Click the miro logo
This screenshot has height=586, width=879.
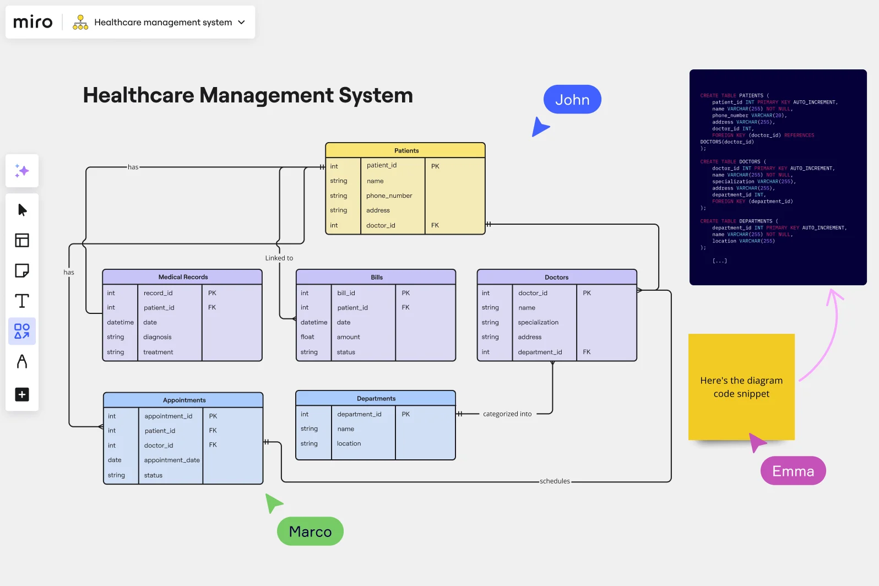[x=32, y=22]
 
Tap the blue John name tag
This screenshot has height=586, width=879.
[x=572, y=100]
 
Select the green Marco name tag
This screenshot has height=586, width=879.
[x=310, y=531]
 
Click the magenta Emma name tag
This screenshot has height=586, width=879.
[x=793, y=471]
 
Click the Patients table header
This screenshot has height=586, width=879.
[x=406, y=150]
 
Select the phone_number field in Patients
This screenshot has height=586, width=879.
[x=389, y=196]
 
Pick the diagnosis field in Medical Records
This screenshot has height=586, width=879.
[x=158, y=337]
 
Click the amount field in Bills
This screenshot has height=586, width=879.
[x=348, y=337]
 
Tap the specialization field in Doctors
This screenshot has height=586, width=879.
[x=538, y=322]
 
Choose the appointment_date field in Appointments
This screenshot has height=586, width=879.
[x=172, y=460]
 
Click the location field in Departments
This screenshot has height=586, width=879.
[x=349, y=443]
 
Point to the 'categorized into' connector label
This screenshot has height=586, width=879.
[x=507, y=414]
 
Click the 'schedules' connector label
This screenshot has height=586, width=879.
[x=555, y=481]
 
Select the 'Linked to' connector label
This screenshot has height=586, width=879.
[x=279, y=258]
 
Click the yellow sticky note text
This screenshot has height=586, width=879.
[x=741, y=387]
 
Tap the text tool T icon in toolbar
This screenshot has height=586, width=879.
[x=22, y=301]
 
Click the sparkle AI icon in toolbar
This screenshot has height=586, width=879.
[x=22, y=171]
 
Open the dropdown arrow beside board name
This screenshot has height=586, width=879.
[x=241, y=22]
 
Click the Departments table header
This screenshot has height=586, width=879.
[x=376, y=398]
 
